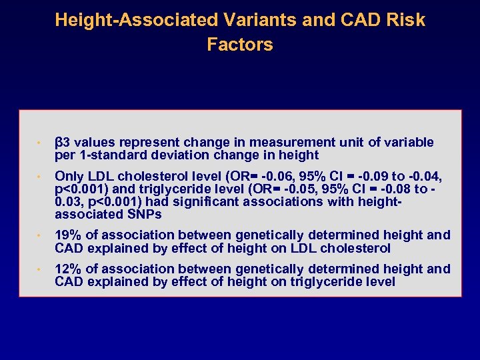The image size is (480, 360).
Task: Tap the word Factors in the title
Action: [240, 45]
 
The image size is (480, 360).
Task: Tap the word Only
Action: [68, 176]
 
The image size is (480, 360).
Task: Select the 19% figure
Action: [68, 235]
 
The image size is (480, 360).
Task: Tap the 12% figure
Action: [68, 269]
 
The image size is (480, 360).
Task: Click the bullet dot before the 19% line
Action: [40, 236]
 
